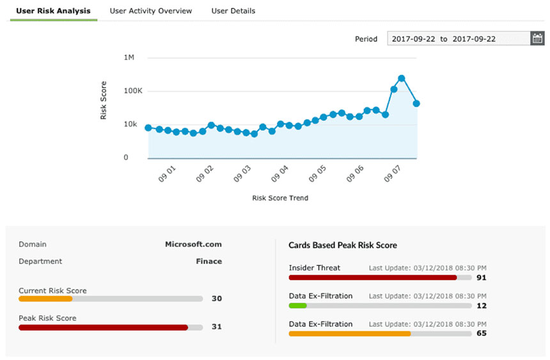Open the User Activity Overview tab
151,11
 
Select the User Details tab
233,11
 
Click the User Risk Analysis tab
53,11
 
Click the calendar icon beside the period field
537,38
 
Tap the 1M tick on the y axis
129,58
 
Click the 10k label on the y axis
130,124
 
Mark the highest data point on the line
402,78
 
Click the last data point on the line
416,103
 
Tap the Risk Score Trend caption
280,198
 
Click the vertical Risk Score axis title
104,100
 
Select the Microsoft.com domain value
193,244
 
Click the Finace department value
208,261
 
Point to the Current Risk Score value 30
216,299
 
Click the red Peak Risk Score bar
103,327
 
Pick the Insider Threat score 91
481,278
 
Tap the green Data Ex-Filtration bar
298,306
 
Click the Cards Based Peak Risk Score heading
343,245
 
